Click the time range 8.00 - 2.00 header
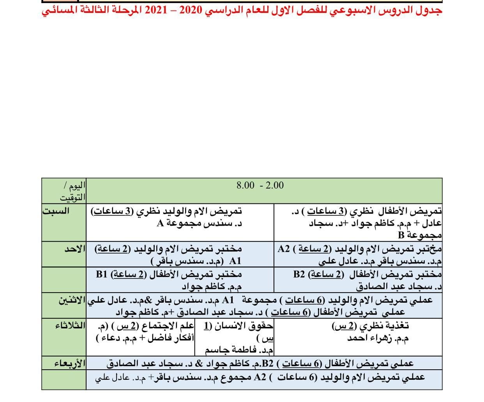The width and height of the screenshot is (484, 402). (260, 185)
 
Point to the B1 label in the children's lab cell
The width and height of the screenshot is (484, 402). (102, 274)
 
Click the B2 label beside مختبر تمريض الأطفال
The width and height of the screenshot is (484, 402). (300, 274)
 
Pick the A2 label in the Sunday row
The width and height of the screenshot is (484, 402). (284, 249)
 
